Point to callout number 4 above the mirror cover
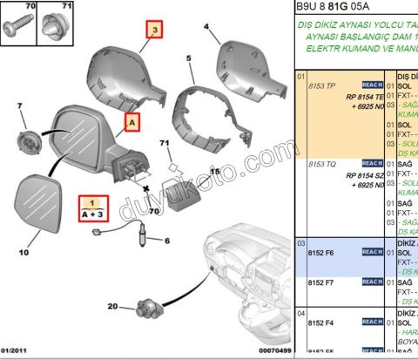tap(206, 27)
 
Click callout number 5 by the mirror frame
tap(188, 58)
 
